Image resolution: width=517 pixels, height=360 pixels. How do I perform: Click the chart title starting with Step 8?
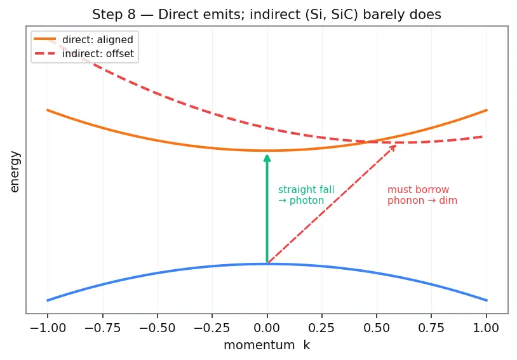266,15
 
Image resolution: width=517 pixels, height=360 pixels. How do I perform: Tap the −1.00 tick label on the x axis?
48,328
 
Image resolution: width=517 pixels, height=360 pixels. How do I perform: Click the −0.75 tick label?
102,328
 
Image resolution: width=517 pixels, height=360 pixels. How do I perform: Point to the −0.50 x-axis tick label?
158,328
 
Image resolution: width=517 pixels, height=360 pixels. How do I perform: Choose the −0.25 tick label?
212,328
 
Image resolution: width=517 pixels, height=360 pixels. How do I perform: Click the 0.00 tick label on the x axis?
267,328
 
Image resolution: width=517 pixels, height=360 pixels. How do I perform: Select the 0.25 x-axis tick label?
322,328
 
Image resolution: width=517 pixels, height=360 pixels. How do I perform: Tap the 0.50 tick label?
377,328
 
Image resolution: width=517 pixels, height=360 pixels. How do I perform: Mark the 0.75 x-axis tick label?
431,328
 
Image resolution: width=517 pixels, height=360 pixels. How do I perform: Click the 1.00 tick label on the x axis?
487,328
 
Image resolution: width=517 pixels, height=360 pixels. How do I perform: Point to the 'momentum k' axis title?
267,345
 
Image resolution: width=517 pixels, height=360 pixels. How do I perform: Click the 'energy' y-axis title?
15,172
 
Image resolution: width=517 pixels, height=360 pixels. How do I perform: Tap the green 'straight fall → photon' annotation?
306,195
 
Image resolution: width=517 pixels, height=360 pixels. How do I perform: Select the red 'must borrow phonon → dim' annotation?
422,195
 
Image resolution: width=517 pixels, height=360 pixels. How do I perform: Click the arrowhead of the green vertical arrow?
267,157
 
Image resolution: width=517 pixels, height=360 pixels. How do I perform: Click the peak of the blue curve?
267,263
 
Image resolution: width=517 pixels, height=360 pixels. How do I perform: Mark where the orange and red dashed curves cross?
369,142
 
